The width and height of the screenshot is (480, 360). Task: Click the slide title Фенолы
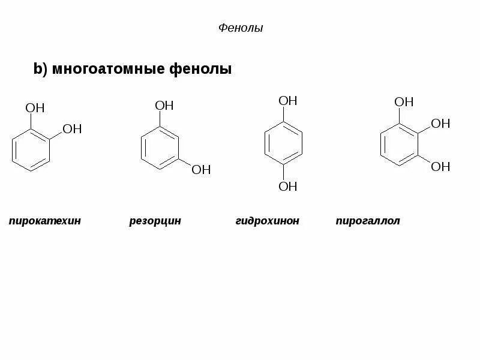239,28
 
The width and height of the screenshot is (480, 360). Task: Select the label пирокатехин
45,221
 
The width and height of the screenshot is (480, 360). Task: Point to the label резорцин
155,221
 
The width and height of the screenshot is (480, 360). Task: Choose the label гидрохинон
267,221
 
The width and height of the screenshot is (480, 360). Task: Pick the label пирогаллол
368,221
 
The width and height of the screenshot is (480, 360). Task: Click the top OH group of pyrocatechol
35,108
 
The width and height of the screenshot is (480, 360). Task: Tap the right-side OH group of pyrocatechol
71,129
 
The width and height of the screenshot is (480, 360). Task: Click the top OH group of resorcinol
164,106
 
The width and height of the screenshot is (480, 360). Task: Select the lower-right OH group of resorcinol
201,170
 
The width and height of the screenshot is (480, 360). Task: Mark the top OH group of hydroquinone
288,101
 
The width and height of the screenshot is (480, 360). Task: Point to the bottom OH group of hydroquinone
288,187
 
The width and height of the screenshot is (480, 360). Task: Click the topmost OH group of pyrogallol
404,102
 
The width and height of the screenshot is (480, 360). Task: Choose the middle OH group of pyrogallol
440,124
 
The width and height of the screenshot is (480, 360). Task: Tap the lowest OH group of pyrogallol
440,166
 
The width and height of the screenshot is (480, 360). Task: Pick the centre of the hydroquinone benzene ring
284,143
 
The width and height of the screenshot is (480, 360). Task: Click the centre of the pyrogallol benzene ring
400,145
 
